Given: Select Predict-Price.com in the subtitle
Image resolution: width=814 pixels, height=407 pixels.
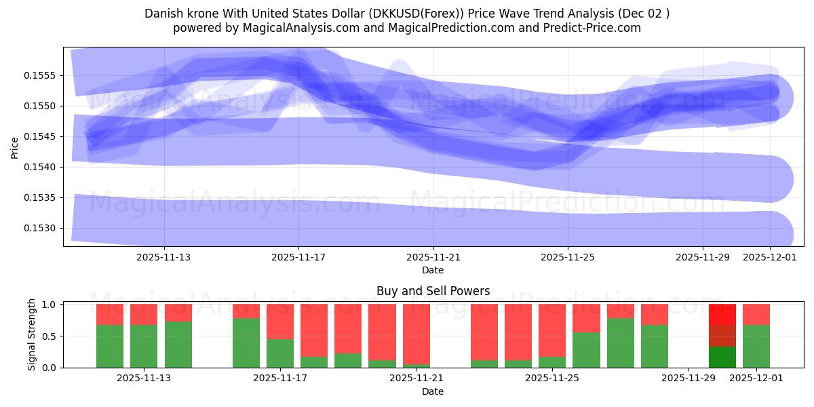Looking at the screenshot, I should pyautogui.click(x=589, y=28).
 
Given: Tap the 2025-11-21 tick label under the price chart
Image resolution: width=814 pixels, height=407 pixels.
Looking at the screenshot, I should pyautogui.click(x=433, y=257).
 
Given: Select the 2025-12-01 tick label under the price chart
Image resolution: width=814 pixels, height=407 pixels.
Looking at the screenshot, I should pyautogui.click(x=769, y=257).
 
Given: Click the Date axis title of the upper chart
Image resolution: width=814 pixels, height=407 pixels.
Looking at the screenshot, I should pyautogui.click(x=433, y=270).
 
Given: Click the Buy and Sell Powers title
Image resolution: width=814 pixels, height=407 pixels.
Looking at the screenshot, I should pyautogui.click(x=433, y=291).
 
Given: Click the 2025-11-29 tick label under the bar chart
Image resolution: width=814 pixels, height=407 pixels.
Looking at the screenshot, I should pyautogui.click(x=689, y=379).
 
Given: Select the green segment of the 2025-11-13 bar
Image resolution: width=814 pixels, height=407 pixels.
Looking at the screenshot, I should pyautogui.click(x=144, y=346).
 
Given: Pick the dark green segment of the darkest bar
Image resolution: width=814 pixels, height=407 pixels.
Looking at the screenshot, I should pyautogui.click(x=722, y=357).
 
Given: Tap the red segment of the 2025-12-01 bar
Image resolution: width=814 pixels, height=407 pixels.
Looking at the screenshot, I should pyautogui.click(x=756, y=314).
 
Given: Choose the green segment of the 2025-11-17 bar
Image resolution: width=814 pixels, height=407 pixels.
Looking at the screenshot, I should pyautogui.click(x=280, y=353).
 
